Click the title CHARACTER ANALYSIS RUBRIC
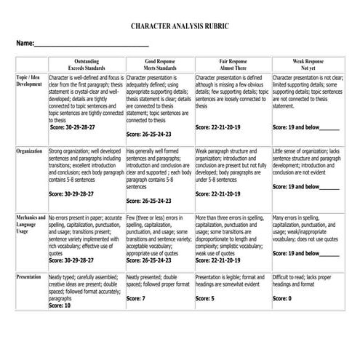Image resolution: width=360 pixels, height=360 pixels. tap(180, 25)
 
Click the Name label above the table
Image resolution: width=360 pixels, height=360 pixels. tap(25, 44)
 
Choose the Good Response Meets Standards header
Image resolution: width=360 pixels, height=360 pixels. tap(159, 65)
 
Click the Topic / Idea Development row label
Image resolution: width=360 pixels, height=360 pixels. tap(29, 80)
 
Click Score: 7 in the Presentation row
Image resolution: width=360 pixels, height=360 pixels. tap(136, 299)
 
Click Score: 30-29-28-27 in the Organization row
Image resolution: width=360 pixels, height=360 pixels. tap(72, 194)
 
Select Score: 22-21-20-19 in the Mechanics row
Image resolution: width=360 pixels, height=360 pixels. tap(219, 260)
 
